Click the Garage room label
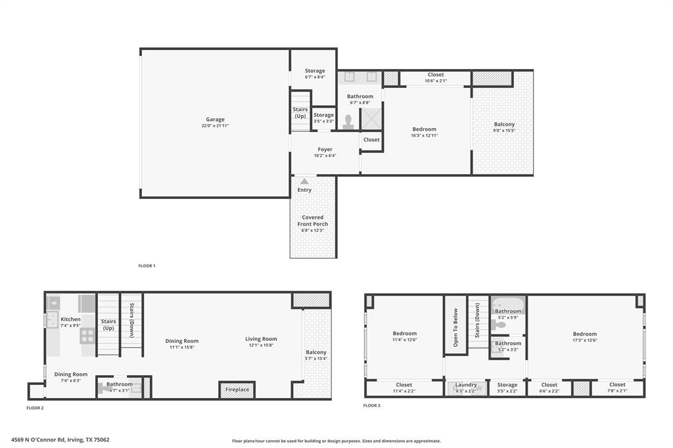tap(215, 120)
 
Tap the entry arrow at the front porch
tap(304, 181)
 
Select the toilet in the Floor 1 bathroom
tap(348, 122)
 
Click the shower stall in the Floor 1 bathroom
tap(371, 119)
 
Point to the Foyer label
tap(325, 150)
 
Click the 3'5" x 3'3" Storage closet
tap(323, 118)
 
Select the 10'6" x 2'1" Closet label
tap(435, 75)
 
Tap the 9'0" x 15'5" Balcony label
tap(504, 124)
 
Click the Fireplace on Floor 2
tap(237, 390)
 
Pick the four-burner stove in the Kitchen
tap(87, 336)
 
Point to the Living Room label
tap(261, 340)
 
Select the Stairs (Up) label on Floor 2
tap(108, 325)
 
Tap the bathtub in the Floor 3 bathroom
tap(508, 305)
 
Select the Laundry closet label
tap(466, 385)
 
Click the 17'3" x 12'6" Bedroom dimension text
tap(584, 340)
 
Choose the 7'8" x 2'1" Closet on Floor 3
tap(617, 388)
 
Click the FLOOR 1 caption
tap(147, 265)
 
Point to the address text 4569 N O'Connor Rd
tap(60, 439)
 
